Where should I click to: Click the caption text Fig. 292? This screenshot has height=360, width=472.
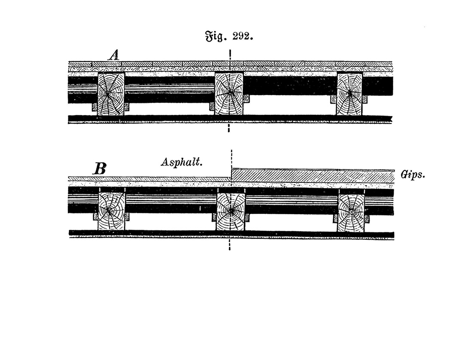pyautogui.click(x=229, y=37)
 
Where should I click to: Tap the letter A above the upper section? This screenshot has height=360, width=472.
pyautogui.click(x=114, y=55)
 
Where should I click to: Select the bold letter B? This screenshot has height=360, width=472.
pyautogui.click(x=100, y=169)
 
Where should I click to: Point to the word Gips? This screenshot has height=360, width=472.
pyautogui.click(x=413, y=175)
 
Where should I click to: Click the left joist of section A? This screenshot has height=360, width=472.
pyautogui.click(x=111, y=94)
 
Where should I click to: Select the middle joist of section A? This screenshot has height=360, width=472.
pyautogui.click(x=229, y=94)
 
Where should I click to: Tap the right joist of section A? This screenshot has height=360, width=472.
pyautogui.click(x=350, y=94)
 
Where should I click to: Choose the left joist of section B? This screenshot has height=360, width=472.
pyautogui.click(x=111, y=211)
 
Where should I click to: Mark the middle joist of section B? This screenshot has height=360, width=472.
pyautogui.click(x=231, y=212)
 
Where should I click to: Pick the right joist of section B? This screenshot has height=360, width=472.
pyautogui.click(x=351, y=213)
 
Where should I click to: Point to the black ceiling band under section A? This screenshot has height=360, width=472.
pyautogui.click(x=230, y=119)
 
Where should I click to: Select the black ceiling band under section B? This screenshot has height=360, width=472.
pyautogui.click(x=231, y=234)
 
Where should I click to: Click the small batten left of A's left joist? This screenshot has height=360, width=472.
pyautogui.click(x=95, y=107)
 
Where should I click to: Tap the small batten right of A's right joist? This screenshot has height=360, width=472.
pyautogui.click(x=365, y=100)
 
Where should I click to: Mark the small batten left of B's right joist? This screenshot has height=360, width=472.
pyautogui.click(x=336, y=218)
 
